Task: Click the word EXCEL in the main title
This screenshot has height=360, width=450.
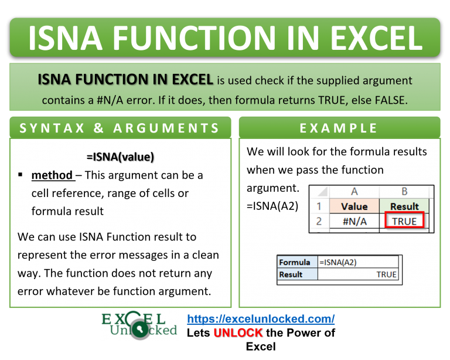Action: pos(377,38)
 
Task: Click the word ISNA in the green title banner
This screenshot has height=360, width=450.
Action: pos(65,38)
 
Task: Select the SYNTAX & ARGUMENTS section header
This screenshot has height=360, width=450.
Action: pos(120,128)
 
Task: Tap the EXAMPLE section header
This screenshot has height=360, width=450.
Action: pos(338,128)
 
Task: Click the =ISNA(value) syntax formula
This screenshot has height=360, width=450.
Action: pos(120,157)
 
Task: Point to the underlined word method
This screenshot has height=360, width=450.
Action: pos(52,175)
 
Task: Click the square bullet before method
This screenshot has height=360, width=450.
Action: pos(20,174)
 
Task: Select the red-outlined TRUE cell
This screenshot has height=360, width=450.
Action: pos(404,220)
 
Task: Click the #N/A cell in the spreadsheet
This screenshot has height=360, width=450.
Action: pos(354,222)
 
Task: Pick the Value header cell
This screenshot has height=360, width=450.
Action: pos(354,206)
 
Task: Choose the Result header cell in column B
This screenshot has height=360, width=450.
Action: pos(404,206)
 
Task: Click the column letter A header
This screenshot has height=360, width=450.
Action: pos(354,192)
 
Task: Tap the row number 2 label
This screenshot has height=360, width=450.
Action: pos(319,222)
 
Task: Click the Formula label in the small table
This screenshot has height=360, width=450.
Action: pos(295,263)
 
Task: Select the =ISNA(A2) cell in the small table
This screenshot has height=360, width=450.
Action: pos(337,263)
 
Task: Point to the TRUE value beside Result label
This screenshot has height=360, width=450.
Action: pos(386,274)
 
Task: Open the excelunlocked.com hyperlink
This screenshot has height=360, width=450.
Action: pos(261,319)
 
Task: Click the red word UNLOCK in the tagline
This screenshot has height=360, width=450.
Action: pos(238,332)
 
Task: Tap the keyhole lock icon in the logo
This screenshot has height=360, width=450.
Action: pos(140,329)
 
